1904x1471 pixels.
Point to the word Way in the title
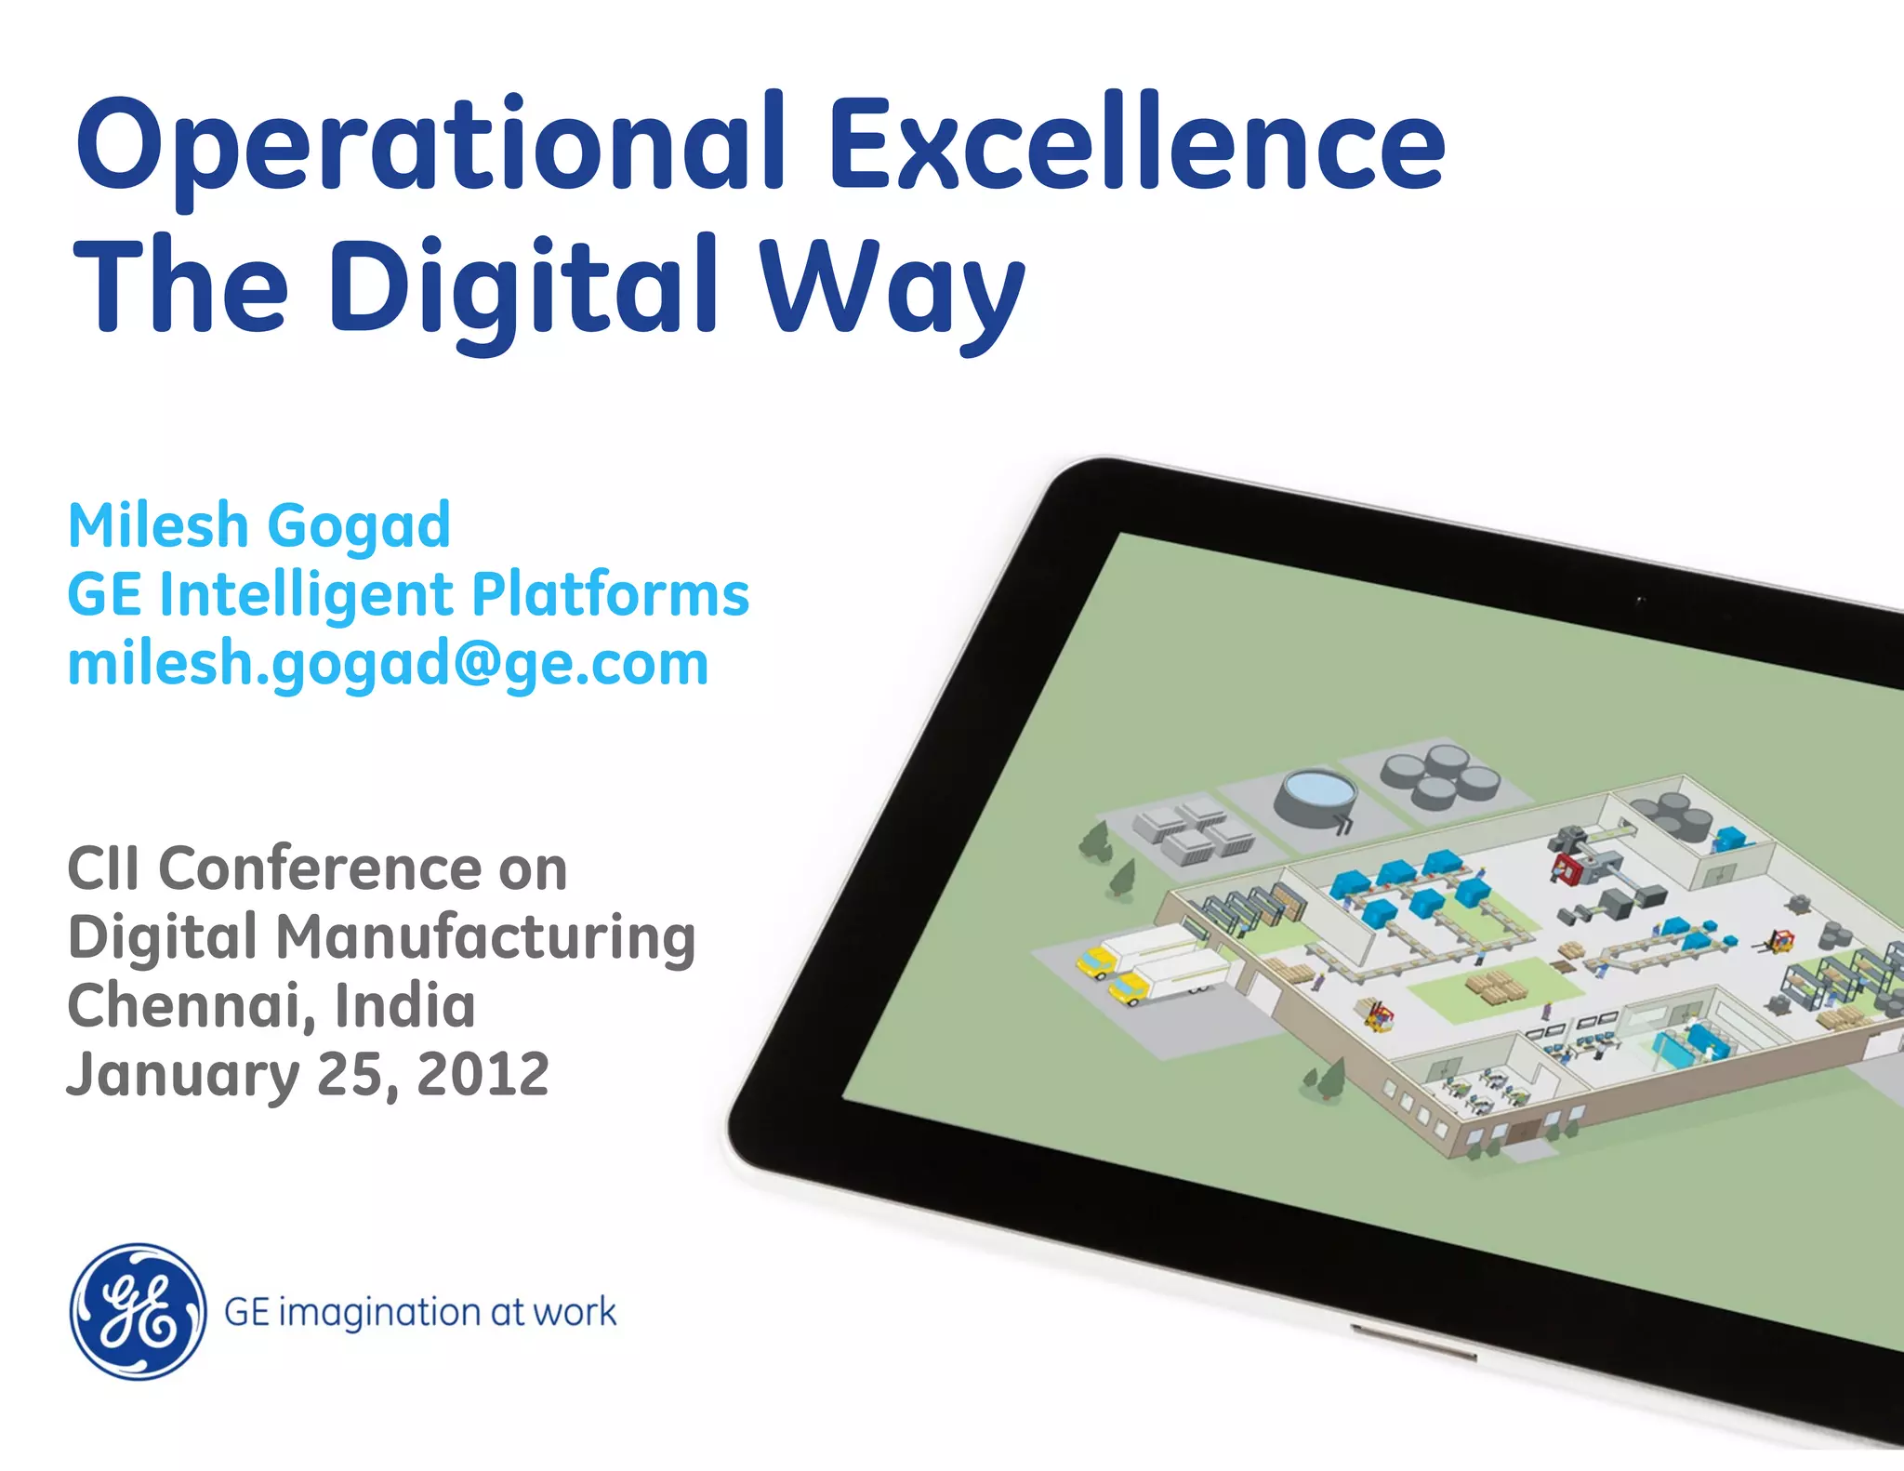pyautogui.click(x=892, y=288)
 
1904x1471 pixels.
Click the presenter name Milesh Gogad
pyautogui.click(x=259, y=526)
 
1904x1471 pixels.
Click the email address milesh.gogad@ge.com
pyautogui.click(x=388, y=664)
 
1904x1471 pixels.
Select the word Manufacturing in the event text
pyautogui.click(x=485, y=937)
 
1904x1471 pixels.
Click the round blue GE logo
pyautogui.click(x=138, y=1311)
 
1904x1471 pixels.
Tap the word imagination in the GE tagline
pyautogui.click(x=379, y=1313)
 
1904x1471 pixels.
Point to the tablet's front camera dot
pyautogui.click(x=1641, y=601)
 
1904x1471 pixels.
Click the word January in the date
pyautogui.click(x=182, y=1074)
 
